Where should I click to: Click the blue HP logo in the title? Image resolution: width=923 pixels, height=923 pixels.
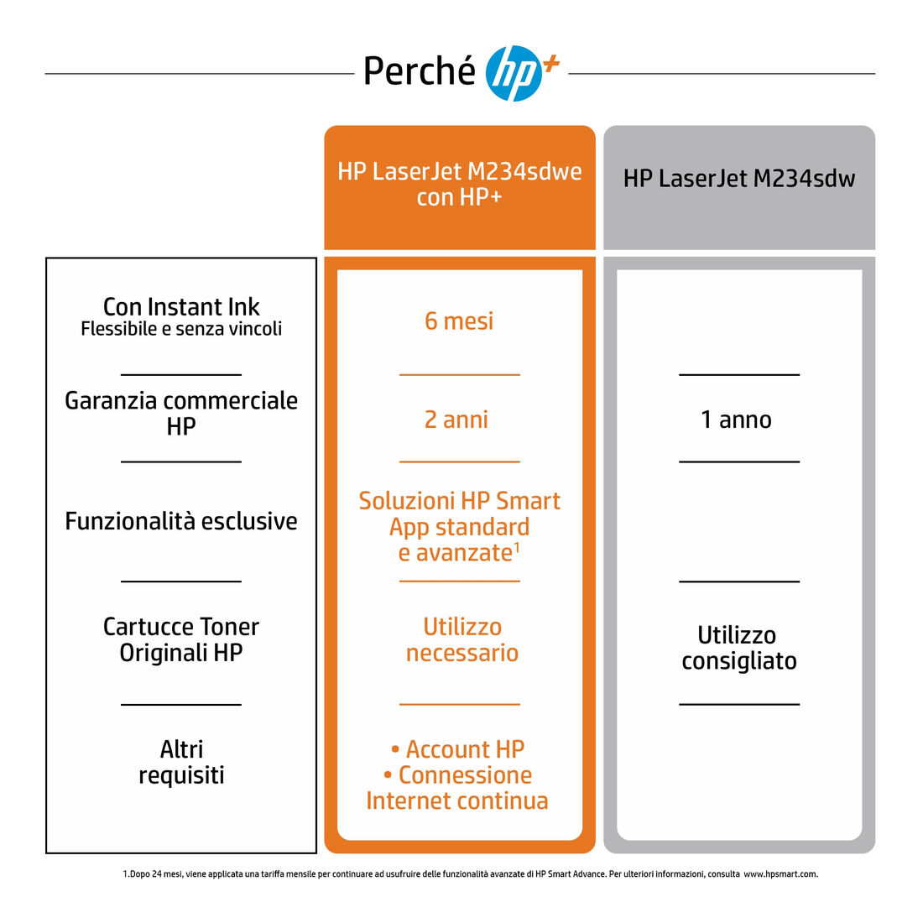click(514, 74)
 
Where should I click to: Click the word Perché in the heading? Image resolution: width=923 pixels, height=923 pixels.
click(419, 71)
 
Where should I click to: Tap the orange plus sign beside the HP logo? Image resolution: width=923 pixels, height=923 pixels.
click(551, 64)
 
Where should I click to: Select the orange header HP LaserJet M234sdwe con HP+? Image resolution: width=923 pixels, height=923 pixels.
click(460, 184)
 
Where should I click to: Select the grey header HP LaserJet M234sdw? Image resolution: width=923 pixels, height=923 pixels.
click(738, 179)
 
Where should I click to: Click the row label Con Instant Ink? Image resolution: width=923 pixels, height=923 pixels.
click(181, 306)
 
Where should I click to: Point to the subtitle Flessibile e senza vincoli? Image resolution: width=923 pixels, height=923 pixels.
click(181, 328)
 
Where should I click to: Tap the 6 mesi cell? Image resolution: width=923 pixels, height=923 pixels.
click(459, 321)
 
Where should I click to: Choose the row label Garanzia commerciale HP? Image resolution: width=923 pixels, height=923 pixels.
click(181, 413)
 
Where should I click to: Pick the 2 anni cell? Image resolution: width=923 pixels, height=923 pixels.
click(456, 420)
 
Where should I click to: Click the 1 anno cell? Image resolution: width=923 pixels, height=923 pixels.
click(736, 420)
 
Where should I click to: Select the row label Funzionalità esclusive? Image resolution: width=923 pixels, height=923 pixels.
click(181, 521)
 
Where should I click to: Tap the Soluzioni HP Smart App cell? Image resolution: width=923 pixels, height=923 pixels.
click(460, 527)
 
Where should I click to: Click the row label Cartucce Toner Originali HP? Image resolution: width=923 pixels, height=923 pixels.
click(181, 639)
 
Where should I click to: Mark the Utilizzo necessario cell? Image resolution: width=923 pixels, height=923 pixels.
click(462, 640)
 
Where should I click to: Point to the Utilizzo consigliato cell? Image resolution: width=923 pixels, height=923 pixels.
click(739, 648)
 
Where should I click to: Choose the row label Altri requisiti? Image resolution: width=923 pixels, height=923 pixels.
click(181, 762)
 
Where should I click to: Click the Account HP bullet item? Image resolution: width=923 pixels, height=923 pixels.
click(458, 749)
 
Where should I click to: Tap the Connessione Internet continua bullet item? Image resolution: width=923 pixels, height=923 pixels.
click(457, 788)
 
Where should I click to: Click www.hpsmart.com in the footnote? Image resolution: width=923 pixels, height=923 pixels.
click(780, 874)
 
